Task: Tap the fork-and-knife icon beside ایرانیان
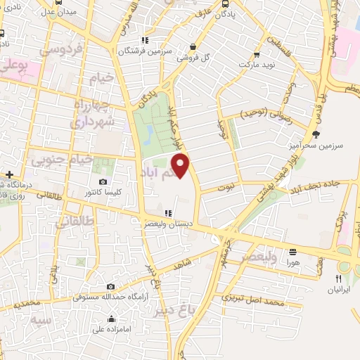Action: point(339,278)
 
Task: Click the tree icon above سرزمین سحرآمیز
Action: point(316,134)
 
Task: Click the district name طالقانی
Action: point(72,224)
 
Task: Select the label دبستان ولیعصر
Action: point(167,224)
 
